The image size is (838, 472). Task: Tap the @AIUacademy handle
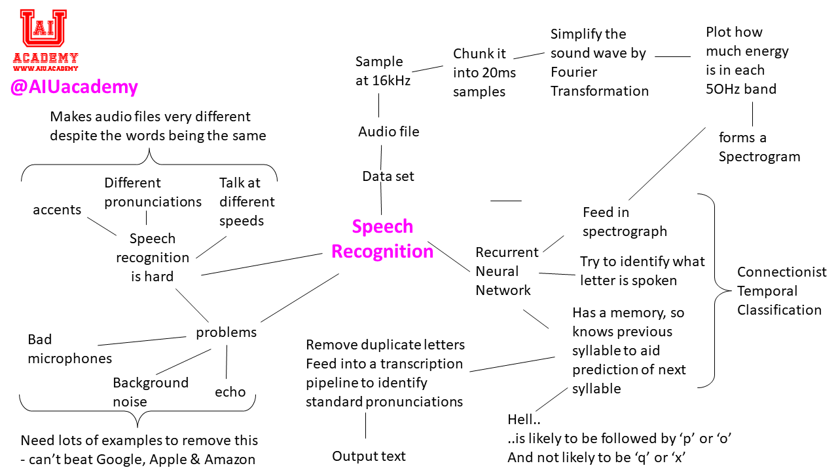coord(74,87)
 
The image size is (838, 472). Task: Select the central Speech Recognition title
coord(382,239)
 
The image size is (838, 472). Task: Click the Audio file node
coord(388,132)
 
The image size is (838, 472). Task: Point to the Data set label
coord(388,176)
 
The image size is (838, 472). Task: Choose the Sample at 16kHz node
coord(383,71)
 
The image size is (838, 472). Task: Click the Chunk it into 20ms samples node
coord(484,73)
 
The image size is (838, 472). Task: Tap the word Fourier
coord(574,72)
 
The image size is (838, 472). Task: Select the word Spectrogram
coord(759,157)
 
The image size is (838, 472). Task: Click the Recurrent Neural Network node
coord(507,271)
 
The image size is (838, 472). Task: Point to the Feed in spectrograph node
coord(625,222)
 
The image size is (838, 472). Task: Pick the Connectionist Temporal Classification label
coord(781,291)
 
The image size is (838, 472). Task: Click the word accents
coord(57,210)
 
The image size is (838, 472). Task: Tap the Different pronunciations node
coord(153,192)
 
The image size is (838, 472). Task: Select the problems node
coord(226,332)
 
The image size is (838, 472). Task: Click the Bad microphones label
coord(69,349)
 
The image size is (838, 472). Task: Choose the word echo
coord(230,392)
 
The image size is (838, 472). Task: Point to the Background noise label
coord(151,392)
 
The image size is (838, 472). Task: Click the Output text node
coord(369,456)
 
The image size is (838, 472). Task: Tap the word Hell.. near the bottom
coord(524,420)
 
